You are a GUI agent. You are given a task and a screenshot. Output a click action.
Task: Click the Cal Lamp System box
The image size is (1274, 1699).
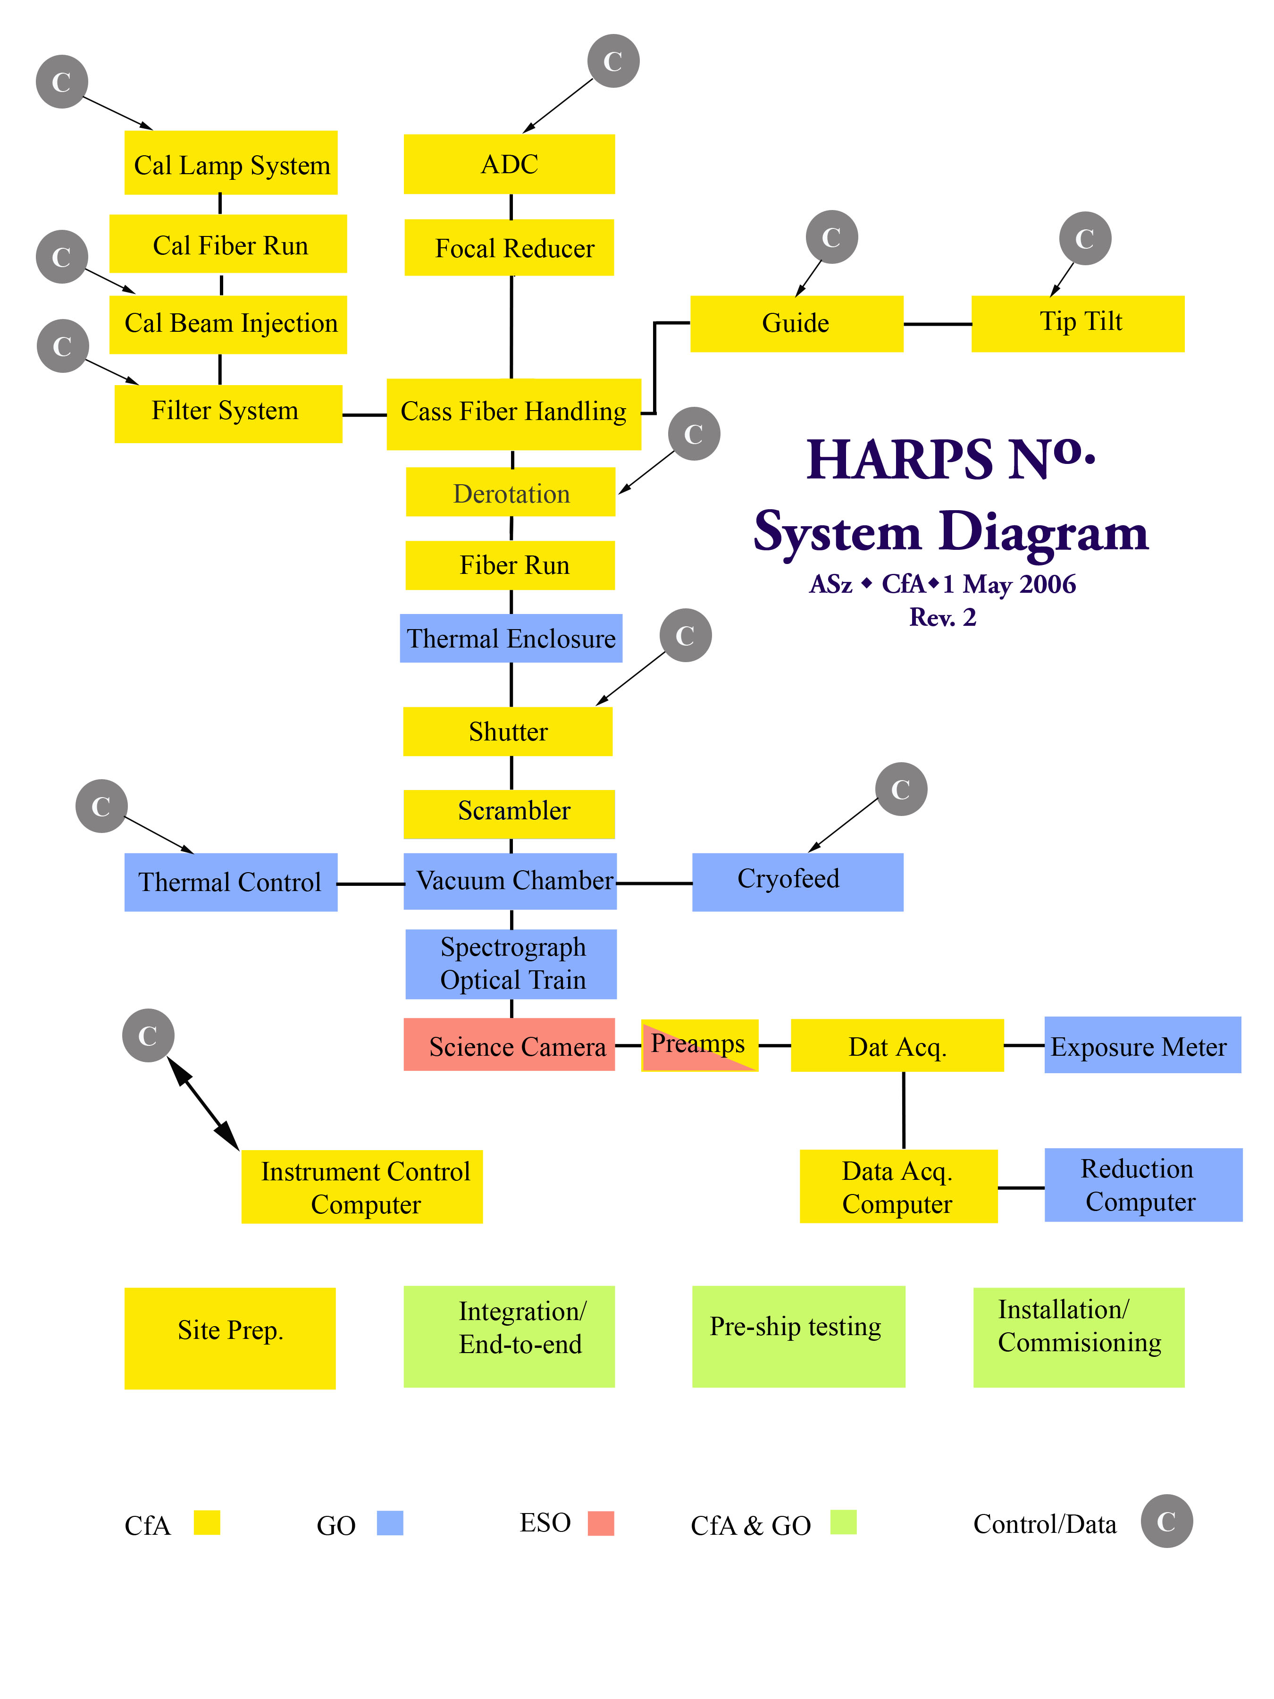pyautogui.click(x=230, y=163)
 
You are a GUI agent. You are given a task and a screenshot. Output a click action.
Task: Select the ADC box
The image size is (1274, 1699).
pyautogui.click(x=509, y=164)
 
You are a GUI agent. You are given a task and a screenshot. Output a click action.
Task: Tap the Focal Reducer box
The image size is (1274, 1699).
pyautogui.click(x=509, y=247)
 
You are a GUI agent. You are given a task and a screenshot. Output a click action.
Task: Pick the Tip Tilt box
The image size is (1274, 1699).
pyautogui.click(x=1077, y=323)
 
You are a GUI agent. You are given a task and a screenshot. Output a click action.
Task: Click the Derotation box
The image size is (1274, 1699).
pyautogui.click(x=511, y=492)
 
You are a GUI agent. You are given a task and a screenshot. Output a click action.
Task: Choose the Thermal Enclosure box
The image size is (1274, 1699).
pyautogui.click(x=511, y=638)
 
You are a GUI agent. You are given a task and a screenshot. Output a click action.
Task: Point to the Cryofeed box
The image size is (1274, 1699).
pyautogui.click(x=797, y=882)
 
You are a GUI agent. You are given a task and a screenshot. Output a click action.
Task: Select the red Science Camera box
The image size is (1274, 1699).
pyautogui.click(x=509, y=1044)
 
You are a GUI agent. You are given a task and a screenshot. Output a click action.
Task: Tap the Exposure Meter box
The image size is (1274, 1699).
pyautogui.click(x=1142, y=1044)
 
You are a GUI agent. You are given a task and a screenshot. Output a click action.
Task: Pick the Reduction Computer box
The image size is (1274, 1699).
pyautogui.click(x=1143, y=1185)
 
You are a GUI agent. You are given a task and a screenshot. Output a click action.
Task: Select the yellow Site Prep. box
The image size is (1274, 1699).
pyautogui.click(x=230, y=1338)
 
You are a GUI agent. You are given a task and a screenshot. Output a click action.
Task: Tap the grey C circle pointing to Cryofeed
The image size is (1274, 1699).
pyautogui.click(x=901, y=789)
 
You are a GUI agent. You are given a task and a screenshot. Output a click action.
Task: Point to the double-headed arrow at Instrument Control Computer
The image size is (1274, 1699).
pyautogui.click(x=203, y=1104)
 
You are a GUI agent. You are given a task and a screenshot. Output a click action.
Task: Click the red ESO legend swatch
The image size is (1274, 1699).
pyautogui.click(x=601, y=1522)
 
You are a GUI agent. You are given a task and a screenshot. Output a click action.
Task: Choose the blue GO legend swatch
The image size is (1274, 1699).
pyautogui.click(x=390, y=1522)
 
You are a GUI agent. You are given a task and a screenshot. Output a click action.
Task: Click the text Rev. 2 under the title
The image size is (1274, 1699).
pyautogui.click(x=942, y=617)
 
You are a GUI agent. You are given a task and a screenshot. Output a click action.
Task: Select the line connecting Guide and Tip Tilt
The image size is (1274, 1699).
pyautogui.click(x=937, y=324)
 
